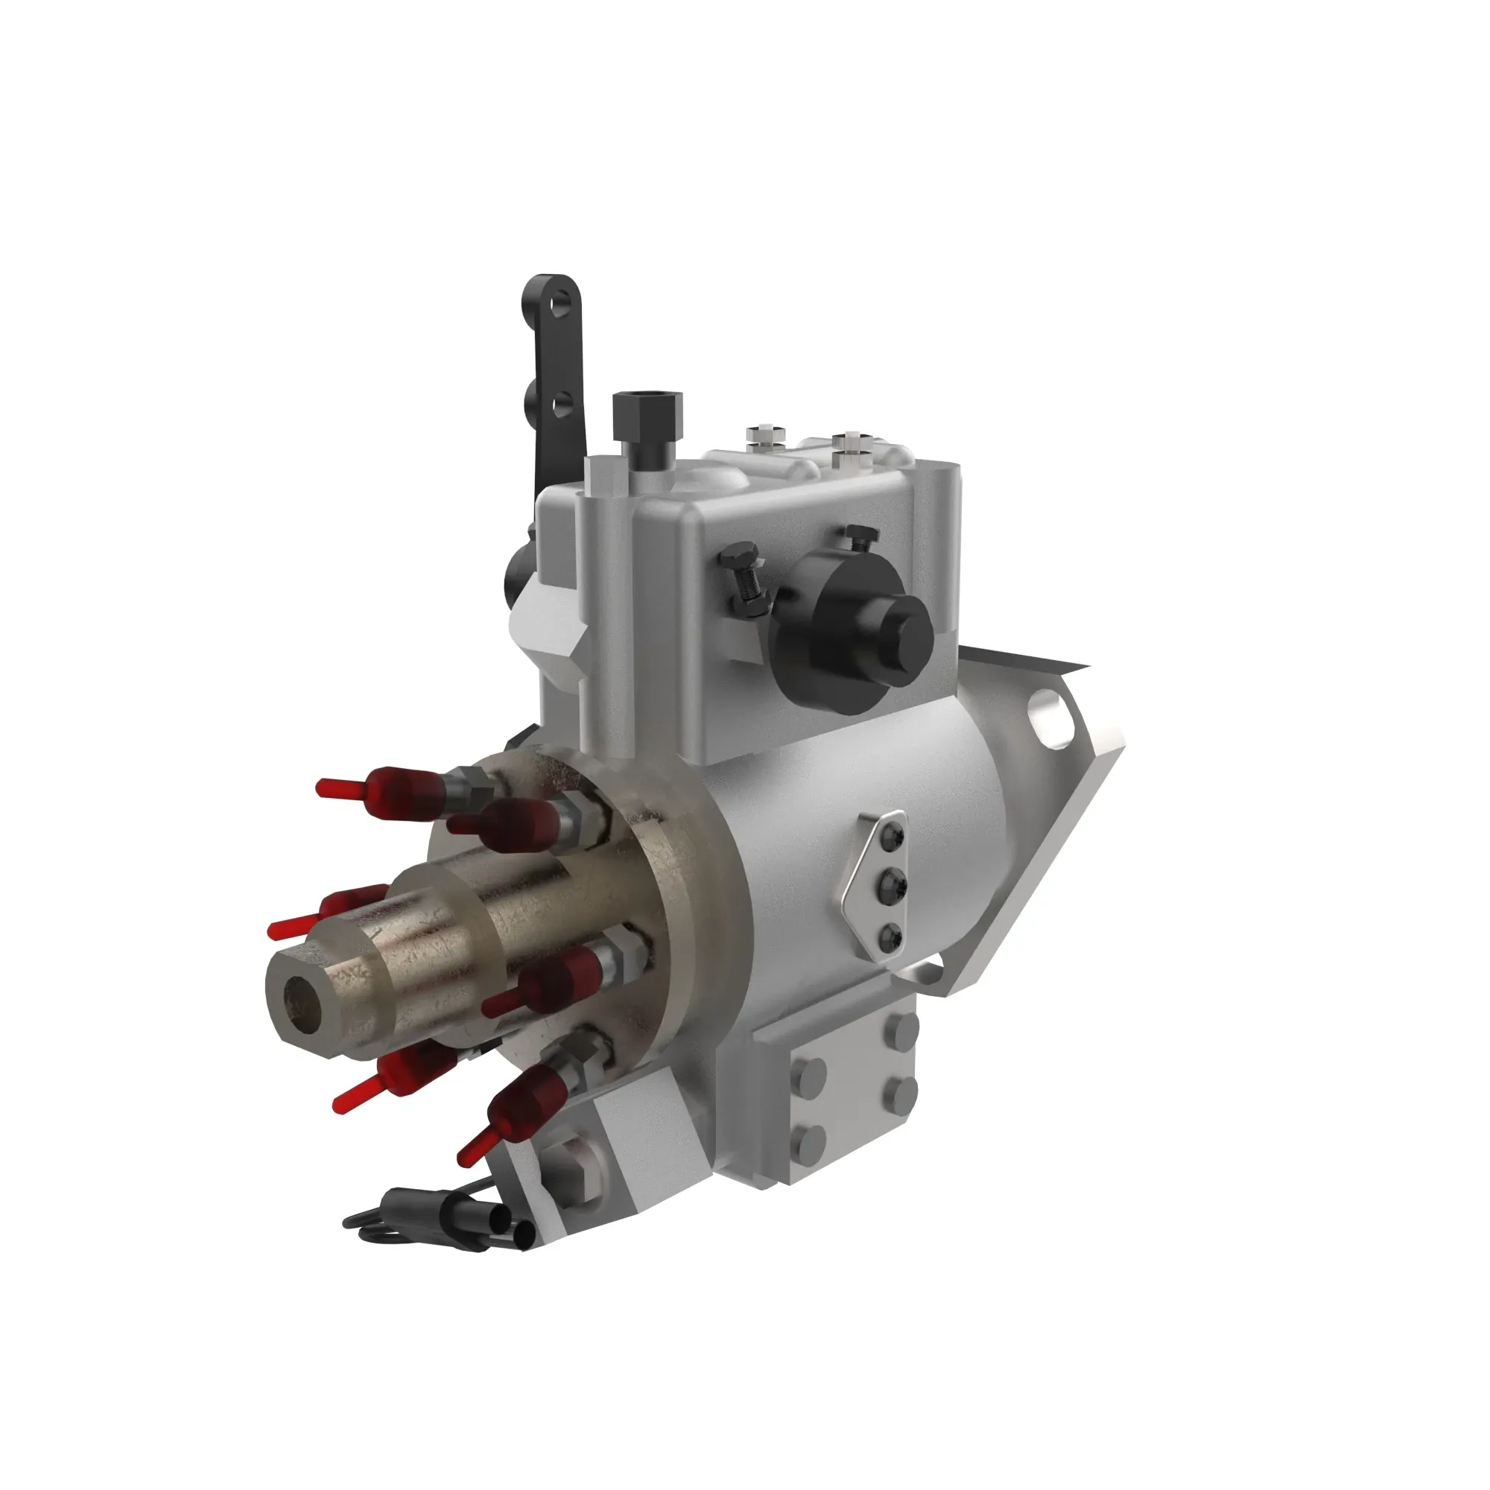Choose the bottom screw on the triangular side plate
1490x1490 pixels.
(x=890, y=936)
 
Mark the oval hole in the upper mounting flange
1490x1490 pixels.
(x=1054, y=719)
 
